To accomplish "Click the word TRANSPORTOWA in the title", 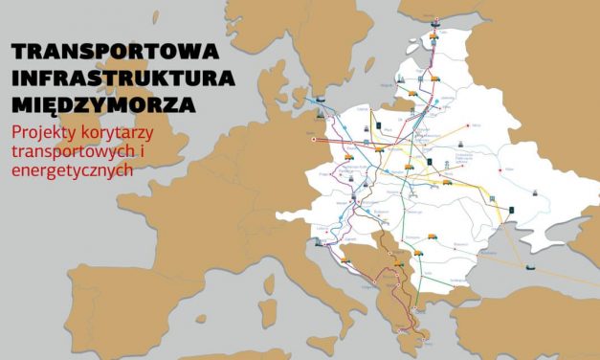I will click(115, 51).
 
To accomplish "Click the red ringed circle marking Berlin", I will click(314, 141).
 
